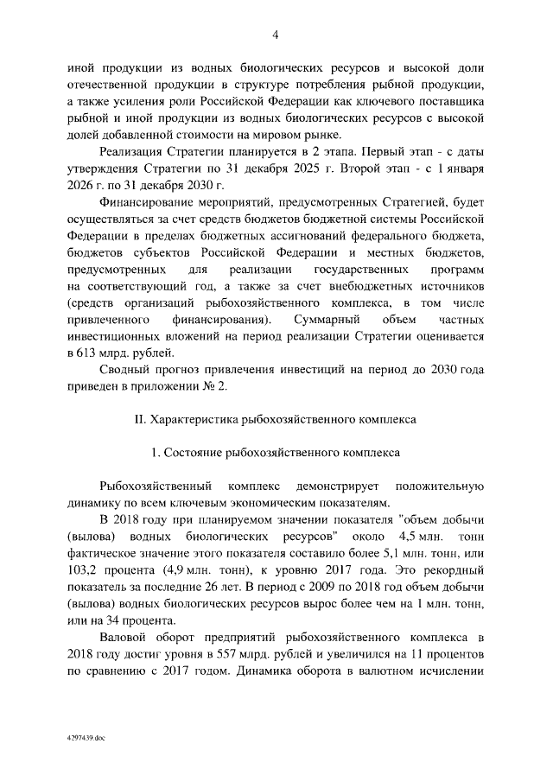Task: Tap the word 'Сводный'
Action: pyautogui.click(x=126, y=368)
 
